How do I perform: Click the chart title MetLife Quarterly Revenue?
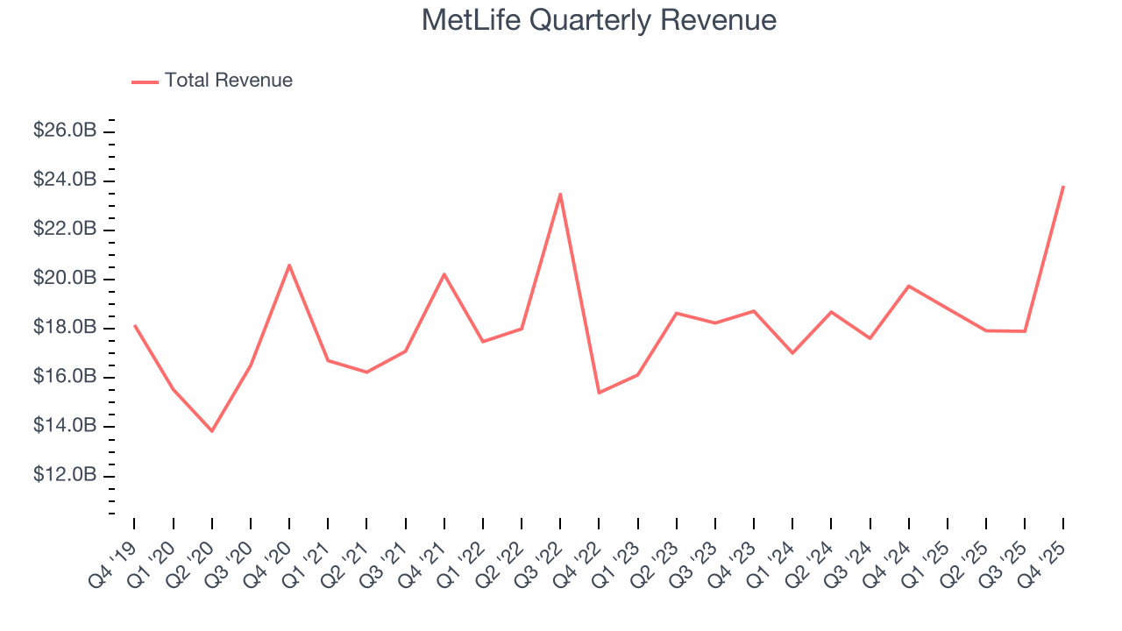tap(599, 20)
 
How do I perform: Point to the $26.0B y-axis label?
tap(65, 131)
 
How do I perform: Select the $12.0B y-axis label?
tap(65, 475)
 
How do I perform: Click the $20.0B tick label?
tap(65, 278)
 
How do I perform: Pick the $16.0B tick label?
tap(65, 377)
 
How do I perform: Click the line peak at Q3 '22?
tap(560, 195)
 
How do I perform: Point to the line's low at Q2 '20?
tap(212, 430)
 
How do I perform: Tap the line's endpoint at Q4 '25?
tap(1063, 187)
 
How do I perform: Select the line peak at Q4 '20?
tap(289, 266)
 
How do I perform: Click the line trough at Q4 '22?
tap(599, 392)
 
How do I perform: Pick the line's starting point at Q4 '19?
tap(134, 325)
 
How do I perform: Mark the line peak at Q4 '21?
tap(444, 274)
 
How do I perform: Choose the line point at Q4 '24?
tap(909, 286)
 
